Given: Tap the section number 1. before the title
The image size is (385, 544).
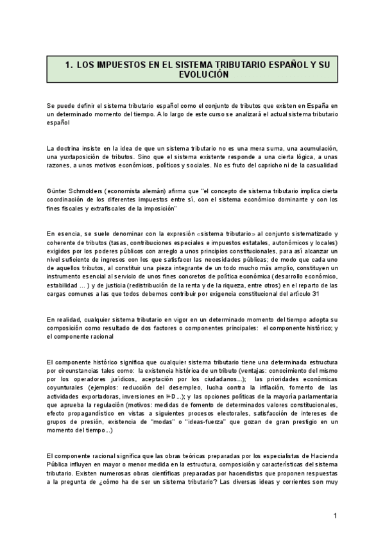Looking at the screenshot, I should pos(69,65).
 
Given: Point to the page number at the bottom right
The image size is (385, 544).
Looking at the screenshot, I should pos(335,516).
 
